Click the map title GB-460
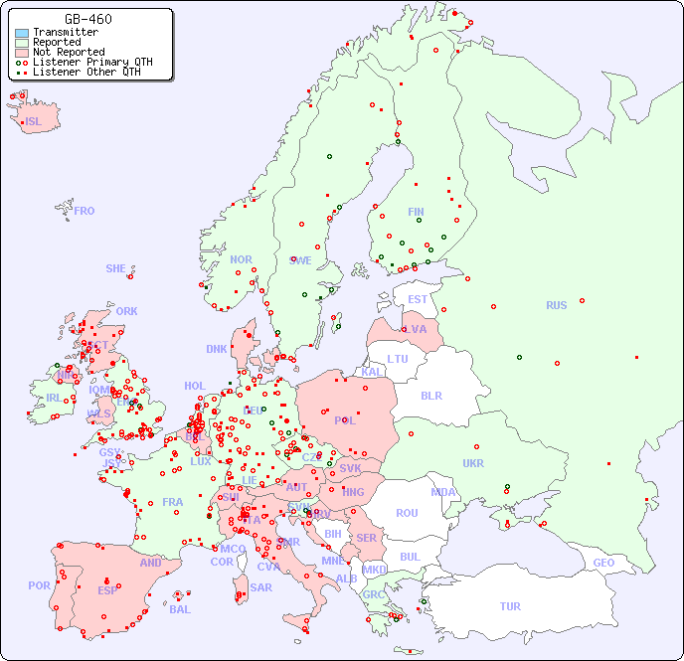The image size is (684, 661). pyautogui.click(x=87, y=19)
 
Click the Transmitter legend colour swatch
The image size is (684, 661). pyautogui.click(x=22, y=33)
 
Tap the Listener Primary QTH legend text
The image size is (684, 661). pyautogui.click(x=92, y=62)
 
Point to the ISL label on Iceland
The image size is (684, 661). pyautogui.click(x=34, y=122)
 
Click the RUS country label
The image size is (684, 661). pyautogui.click(x=556, y=305)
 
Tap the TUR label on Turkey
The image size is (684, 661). pyautogui.click(x=510, y=606)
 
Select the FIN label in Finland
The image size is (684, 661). pyautogui.click(x=416, y=212)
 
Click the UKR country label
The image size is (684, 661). pyautogui.click(x=473, y=463)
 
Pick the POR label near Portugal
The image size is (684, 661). pyautogui.click(x=39, y=585)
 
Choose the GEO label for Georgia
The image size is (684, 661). pyautogui.click(x=603, y=563)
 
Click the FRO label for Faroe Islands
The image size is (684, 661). pyautogui.click(x=85, y=211)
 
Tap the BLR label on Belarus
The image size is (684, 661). pyautogui.click(x=430, y=395)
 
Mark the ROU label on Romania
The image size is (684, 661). pyautogui.click(x=407, y=513)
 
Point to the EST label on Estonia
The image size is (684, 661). pyautogui.click(x=418, y=299)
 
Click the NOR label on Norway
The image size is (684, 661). pyautogui.click(x=241, y=259)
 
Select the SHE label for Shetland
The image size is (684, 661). pyautogui.click(x=116, y=268)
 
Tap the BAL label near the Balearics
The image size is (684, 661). pyautogui.click(x=180, y=609)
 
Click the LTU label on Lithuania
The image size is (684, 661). pyautogui.click(x=398, y=359)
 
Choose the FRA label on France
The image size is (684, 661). pyautogui.click(x=173, y=502)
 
